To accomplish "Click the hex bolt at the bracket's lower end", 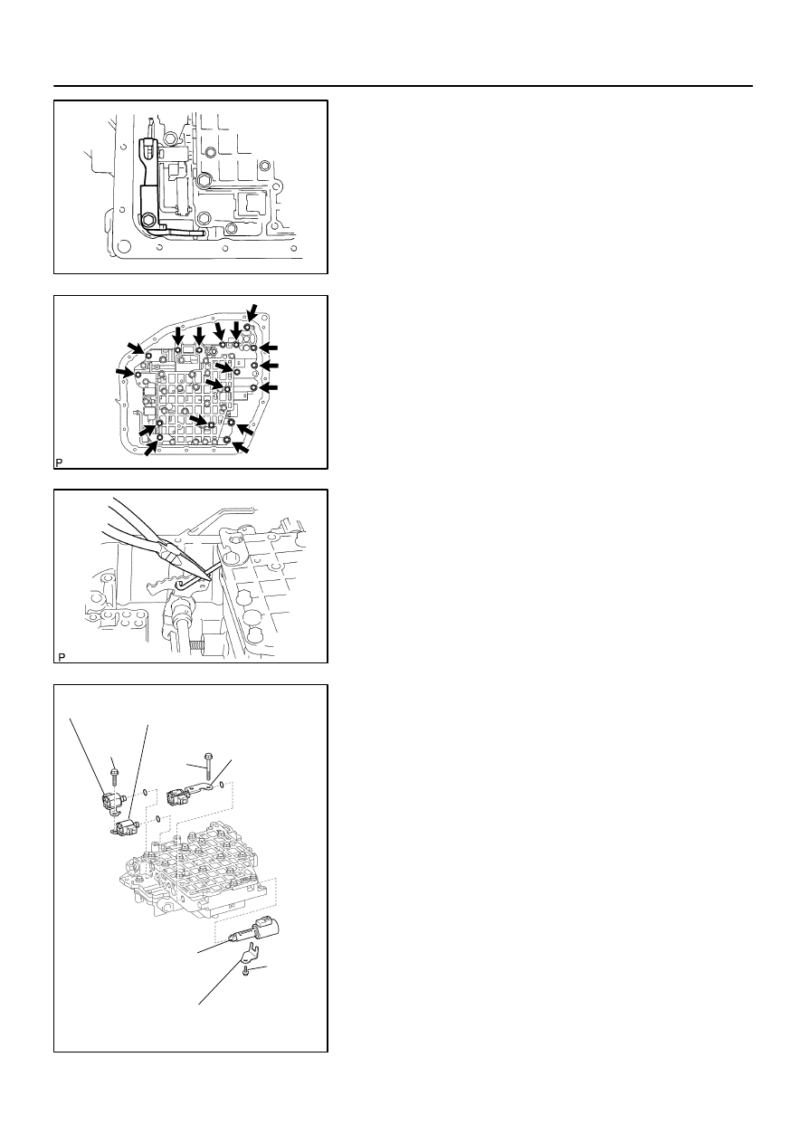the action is coord(148,221).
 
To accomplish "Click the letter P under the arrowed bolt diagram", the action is coord(59,462).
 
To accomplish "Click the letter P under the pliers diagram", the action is coord(62,657).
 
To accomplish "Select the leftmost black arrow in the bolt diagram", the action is coord(125,373).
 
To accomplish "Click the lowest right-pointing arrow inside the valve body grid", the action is coord(199,420).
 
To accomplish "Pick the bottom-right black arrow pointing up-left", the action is coord(242,446).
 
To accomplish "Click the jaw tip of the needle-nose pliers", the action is coord(209,577).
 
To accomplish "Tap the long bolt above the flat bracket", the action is coord(208,767).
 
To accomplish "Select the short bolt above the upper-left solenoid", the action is coord(115,778).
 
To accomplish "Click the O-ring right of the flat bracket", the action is coord(222,785).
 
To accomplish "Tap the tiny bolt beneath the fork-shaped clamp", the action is coord(246,970).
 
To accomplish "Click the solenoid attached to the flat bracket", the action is coord(177,796).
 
